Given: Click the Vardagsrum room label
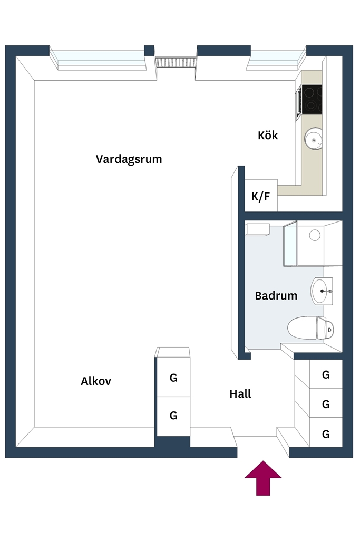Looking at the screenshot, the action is point(129,159).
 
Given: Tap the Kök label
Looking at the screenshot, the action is point(268,135).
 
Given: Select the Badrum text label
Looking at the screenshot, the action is point(276,295).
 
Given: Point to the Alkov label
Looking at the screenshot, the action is point(96,381).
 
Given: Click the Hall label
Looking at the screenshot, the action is point(240,393).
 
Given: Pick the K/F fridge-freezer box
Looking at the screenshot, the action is point(261,195).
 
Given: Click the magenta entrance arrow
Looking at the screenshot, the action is point(264,478).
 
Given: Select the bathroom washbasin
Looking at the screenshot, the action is point(322,291).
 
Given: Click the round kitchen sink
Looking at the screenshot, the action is point(314,139).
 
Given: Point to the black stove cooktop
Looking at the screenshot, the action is point(312,100).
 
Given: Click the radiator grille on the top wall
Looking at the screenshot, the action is point(176,63).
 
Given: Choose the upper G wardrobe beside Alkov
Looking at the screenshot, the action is point(173,378).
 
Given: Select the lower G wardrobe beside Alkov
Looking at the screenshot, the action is point(173,416).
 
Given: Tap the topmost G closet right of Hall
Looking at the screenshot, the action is point(326,374).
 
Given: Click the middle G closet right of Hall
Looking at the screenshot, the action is point(326,403).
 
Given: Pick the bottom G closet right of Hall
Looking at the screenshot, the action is point(326,433).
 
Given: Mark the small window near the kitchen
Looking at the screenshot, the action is point(276,59).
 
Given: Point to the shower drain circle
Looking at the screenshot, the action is point(315,235).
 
